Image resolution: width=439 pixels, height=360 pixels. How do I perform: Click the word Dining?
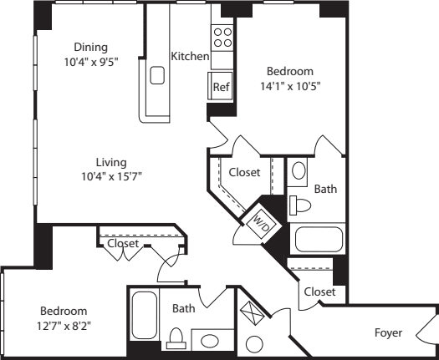(x=90, y=47)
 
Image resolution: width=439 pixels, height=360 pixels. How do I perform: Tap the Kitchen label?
(x=190, y=57)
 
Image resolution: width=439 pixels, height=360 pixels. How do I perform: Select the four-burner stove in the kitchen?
(x=222, y=37)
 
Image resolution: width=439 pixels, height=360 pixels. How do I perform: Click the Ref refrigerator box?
(x=221, y=86)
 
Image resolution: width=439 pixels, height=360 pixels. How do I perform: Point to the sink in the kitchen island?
(x=156, y=75)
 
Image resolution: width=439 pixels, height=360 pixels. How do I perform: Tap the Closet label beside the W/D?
(x=244, y=172)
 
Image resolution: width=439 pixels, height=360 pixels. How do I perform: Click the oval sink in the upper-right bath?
(x=297, y=173)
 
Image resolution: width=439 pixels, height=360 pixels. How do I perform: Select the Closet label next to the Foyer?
(x=319, y=292)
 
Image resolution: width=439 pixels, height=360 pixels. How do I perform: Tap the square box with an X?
(x=252, y=313)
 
